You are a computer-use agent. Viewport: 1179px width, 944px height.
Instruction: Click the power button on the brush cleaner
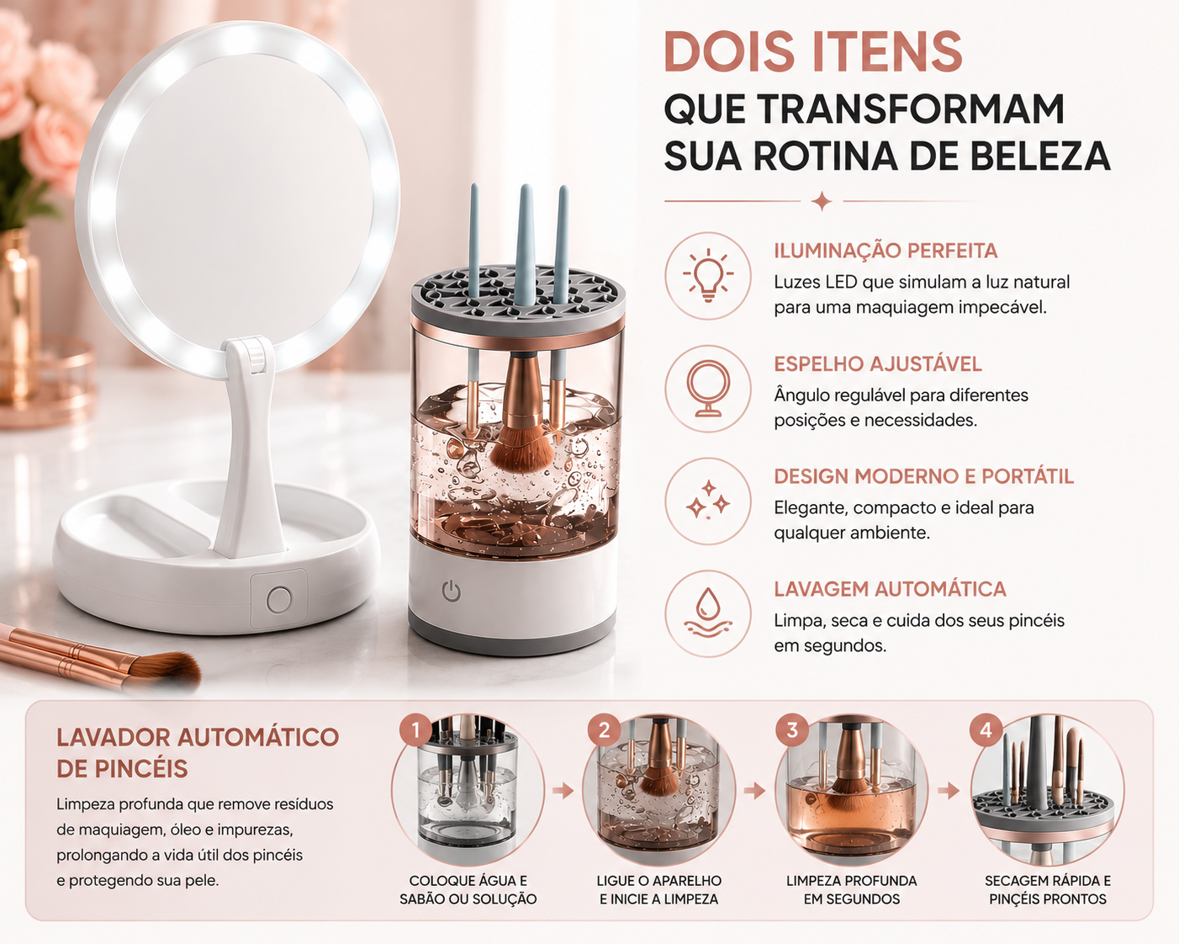tap(451, 591)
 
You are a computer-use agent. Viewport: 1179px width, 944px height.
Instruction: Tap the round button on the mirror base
tap(279, 599)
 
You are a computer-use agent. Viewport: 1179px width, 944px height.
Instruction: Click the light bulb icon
tap(708, 275)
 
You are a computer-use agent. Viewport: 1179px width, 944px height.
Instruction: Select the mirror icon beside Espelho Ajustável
tap(708, 388)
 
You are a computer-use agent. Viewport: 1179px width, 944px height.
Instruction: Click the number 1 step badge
tap(415, 730)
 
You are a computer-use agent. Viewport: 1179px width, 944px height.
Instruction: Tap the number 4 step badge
tap(986, 730)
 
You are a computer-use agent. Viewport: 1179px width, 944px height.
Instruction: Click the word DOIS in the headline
tap(732, 51)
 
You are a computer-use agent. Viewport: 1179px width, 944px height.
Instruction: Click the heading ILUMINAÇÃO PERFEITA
tap(886, 251)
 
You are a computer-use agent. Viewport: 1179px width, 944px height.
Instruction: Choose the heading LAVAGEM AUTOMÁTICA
tap(890, 589)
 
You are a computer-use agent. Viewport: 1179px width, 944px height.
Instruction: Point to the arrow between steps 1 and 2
tap(563, 791)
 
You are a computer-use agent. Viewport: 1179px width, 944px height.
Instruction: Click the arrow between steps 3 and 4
tap(949, 791)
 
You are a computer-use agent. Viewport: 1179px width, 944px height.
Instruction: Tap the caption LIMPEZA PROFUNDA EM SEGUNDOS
tap(851, 889)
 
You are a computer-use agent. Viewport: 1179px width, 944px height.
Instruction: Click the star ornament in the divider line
tap(822, 201)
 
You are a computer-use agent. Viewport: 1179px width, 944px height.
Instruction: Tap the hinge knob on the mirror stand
tap(254, 350)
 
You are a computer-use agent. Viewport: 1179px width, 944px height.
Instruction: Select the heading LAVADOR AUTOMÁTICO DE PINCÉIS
tap(198, 753)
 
